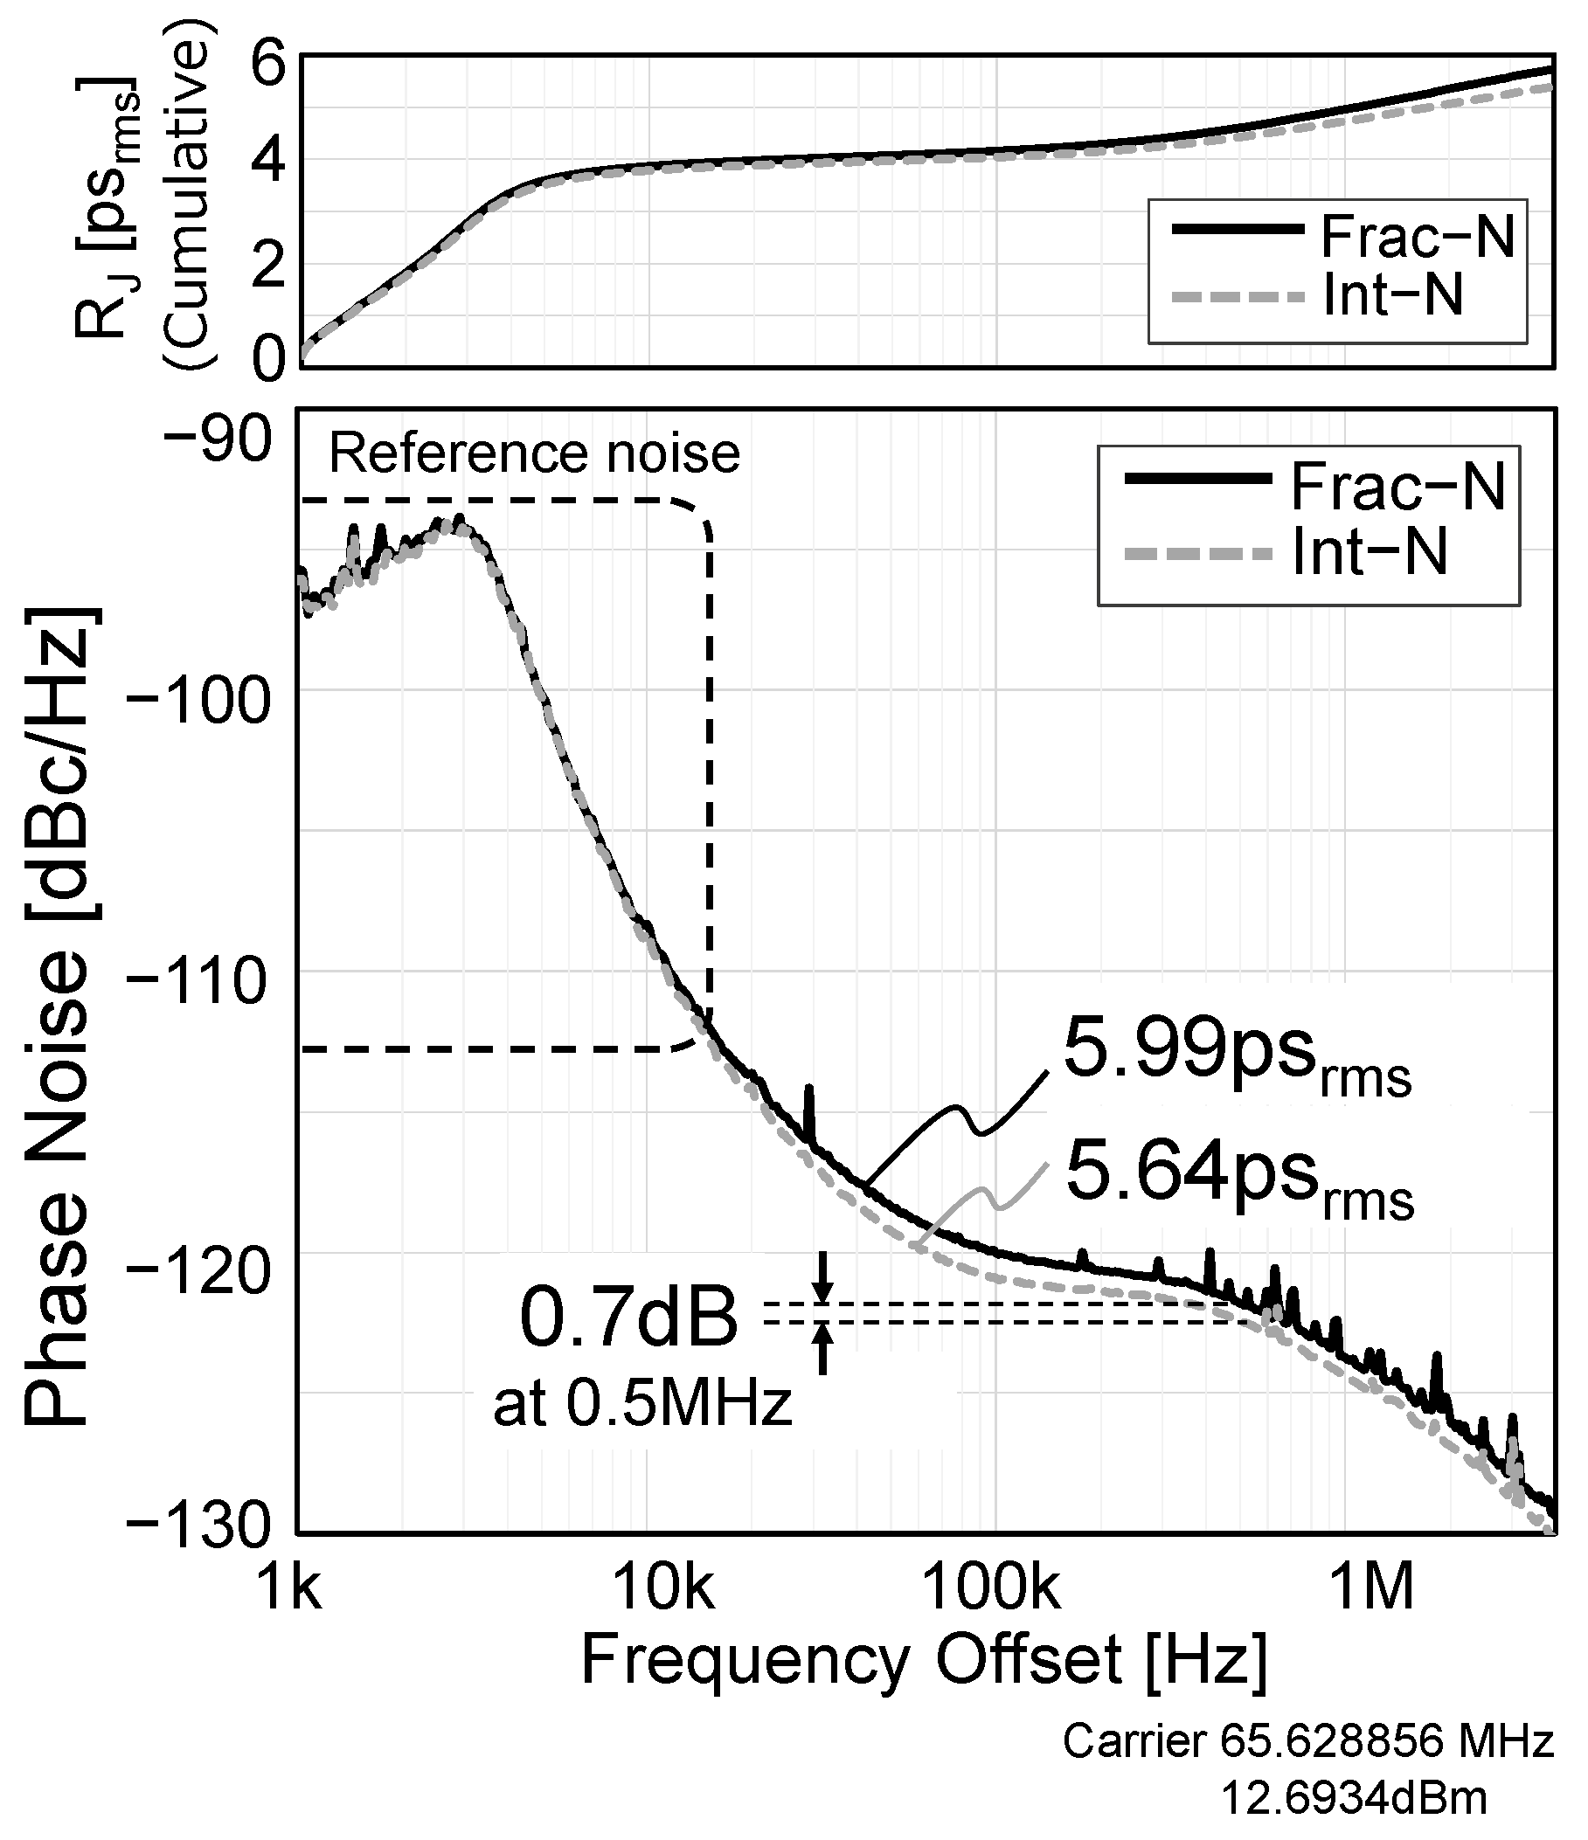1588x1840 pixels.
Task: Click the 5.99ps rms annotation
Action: [x=1237, y=1057]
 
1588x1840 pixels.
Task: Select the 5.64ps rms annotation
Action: [x=1238, y=1178]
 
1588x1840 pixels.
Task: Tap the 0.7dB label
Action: [x=628, y=1318]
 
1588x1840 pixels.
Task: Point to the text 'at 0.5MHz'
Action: [x=642, y=1405]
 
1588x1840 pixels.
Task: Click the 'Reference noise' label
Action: [x=534, y=453]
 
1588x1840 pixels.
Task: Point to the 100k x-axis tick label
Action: [x=992, y=1589]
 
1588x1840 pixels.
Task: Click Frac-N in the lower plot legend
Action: [x=1397, y=486]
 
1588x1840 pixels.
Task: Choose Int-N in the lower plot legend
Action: [x=1370, y=552]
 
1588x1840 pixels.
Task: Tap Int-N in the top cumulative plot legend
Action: [x=1391, y=294]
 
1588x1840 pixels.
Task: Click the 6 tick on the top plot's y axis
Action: [x=269, y=64]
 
